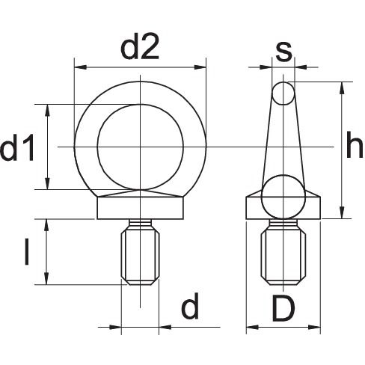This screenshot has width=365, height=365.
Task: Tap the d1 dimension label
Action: tap(17, 147)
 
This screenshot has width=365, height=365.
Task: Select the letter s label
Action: tap(283, 52)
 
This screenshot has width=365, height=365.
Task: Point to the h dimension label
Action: tap(355, 145)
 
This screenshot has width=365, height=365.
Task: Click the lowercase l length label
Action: tap(27, 251)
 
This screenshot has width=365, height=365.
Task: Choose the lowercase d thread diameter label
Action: tap(190, 306)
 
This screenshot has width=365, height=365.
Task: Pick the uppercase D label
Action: tap(283, 308)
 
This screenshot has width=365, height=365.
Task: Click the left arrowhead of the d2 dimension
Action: tap(80, 67)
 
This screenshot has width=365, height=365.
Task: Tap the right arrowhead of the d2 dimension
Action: tap(200, 67)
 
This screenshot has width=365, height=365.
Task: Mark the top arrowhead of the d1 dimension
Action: tap(47, 110)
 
